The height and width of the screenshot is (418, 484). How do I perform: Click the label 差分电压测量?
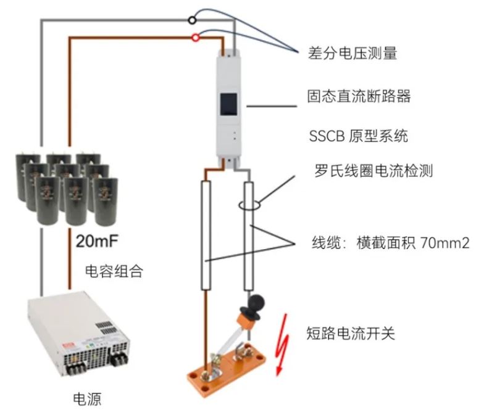352,54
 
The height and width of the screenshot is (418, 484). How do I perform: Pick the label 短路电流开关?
350,334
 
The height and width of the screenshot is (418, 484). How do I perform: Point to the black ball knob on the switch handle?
254,303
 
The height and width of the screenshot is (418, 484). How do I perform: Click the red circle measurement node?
196,38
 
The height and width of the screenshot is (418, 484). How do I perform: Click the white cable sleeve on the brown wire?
207,234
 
